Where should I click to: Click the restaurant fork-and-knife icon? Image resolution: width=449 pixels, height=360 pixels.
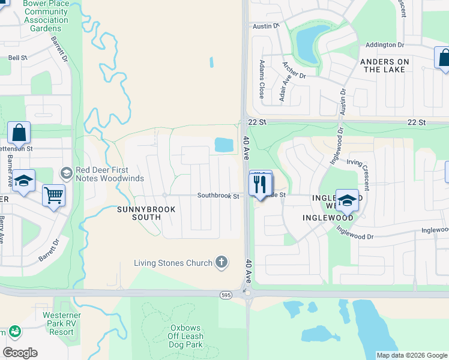coord(261,184)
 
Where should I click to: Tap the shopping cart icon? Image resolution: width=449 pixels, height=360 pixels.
coord(54,195)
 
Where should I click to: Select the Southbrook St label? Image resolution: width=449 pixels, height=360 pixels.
coord(218,196)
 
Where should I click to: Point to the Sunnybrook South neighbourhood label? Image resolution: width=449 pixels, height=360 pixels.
coord(147,212)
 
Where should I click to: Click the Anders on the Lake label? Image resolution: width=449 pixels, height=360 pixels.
coord(384,65)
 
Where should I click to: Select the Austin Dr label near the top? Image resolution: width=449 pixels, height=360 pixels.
coord(267,26)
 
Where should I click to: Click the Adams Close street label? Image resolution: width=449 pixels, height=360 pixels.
coord(262,79)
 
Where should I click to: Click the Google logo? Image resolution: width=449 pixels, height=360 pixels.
coord(20,353)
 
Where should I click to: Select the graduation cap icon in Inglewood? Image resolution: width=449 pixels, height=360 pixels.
coord(347,200)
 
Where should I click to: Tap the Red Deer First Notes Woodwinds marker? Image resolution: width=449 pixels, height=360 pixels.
coord(67,173)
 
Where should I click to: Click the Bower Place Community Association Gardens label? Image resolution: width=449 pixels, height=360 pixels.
coord(46,16)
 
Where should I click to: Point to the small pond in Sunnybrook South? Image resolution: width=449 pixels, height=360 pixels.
coord(223,144)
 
